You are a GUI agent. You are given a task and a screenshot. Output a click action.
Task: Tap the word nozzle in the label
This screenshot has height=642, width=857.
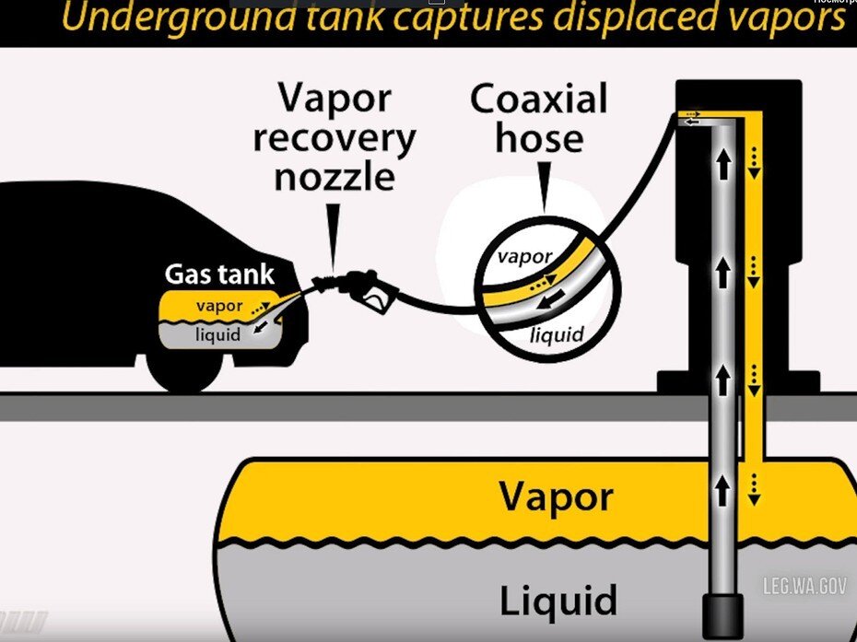click(334, 176)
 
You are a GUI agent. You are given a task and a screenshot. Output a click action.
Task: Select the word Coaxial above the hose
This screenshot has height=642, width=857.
click(539, 99)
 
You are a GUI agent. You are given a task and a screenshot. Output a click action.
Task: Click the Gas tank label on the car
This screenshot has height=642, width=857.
click(219, 274)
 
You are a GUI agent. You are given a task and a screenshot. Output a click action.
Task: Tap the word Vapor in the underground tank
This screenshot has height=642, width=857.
click(555, 497)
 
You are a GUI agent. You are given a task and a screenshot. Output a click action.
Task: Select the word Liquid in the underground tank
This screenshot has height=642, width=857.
click(558, 601)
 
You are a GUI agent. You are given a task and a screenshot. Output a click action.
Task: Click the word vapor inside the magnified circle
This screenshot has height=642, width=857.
click(524, 257)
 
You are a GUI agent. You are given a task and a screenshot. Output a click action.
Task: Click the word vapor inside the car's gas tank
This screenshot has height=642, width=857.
click(218, 306)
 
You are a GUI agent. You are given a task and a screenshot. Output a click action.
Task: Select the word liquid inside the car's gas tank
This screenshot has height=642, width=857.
click(217, 335)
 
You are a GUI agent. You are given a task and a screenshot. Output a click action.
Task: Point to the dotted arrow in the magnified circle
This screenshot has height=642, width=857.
click(544, 277)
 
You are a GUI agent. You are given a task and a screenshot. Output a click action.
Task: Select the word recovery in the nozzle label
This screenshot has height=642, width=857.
click(334, 138)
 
